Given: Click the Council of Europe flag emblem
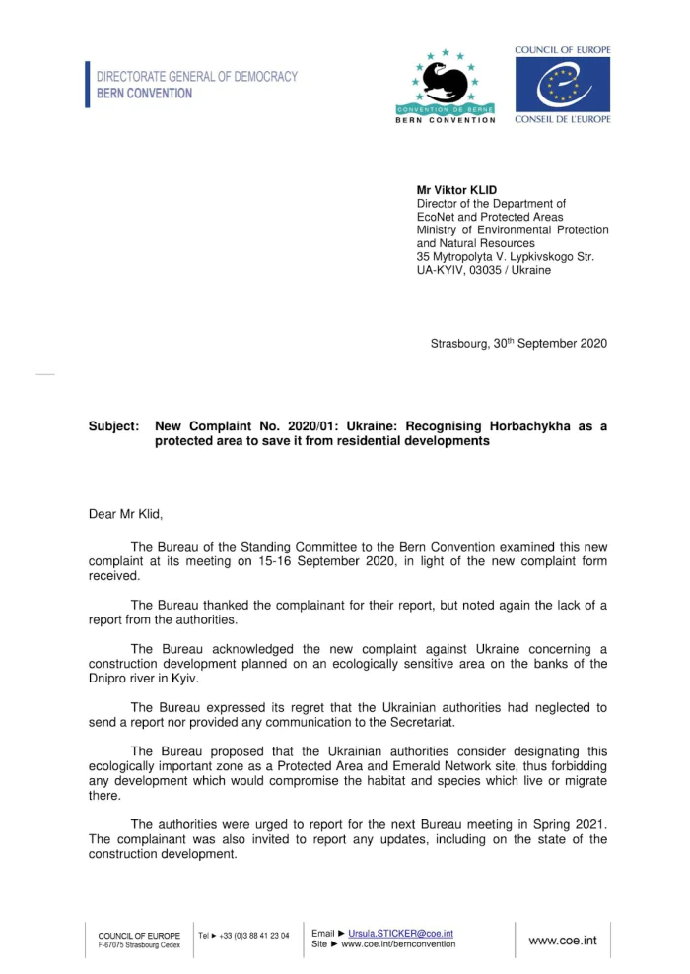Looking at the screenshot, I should [562, 85].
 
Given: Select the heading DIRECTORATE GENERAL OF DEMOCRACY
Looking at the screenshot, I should [196, 76].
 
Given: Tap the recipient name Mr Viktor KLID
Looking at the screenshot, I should [456, 190].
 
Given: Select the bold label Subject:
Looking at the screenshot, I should [113, 426].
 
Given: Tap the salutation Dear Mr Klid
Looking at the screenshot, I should [125, 513].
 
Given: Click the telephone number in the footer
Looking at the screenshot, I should [254, 936].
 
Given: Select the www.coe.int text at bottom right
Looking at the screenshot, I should [563, 941].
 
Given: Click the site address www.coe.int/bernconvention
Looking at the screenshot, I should [398, 944].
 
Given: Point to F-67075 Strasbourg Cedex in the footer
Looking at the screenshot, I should [139, 945].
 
